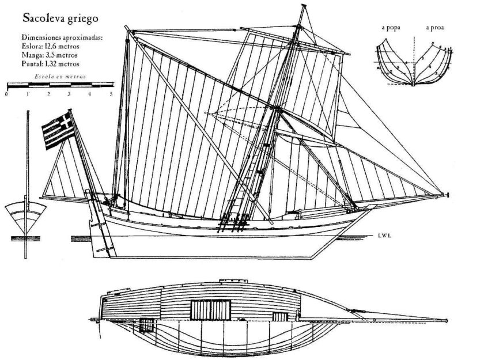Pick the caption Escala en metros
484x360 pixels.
point(59,76)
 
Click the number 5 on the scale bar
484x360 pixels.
point(111,93)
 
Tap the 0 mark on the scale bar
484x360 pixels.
point(6,93)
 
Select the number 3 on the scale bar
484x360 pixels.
point(69,93)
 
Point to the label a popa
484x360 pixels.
point(390,26)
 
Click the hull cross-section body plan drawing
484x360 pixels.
point(414,60)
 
